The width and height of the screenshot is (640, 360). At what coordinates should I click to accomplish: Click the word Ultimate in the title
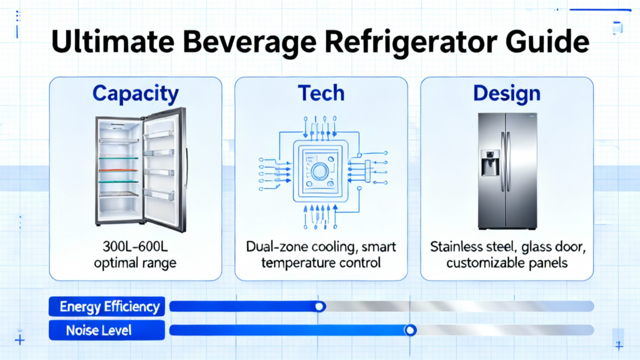pos(112,42)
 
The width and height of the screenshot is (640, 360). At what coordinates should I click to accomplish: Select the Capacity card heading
pos(136,94)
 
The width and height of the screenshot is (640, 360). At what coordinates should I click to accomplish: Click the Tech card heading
pos(321,93)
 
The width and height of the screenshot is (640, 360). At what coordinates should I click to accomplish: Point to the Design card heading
pos(507,94)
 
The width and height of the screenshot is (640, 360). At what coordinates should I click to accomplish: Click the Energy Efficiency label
pos(109,306)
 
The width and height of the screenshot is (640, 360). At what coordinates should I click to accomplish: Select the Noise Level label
pos(99,330)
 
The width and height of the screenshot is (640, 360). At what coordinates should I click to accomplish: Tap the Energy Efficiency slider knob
pos(320,306)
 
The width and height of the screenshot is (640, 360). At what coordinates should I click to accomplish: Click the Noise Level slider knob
pos(410,330)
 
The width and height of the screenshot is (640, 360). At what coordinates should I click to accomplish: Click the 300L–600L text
pos(135,246)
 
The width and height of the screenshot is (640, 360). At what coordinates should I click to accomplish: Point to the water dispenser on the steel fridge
pos(490,163)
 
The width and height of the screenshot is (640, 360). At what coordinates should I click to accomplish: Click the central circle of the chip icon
pos(320,172)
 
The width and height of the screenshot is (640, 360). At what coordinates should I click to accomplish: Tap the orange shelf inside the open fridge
pos(118,170)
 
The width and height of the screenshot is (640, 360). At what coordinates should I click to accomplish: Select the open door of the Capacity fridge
pos(165,170)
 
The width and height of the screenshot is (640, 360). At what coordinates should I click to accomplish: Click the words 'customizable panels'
pos(507,263)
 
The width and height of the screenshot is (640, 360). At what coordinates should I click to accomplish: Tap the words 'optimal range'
pos(135,263)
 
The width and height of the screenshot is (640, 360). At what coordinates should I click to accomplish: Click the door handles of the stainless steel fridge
pos(506,162)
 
